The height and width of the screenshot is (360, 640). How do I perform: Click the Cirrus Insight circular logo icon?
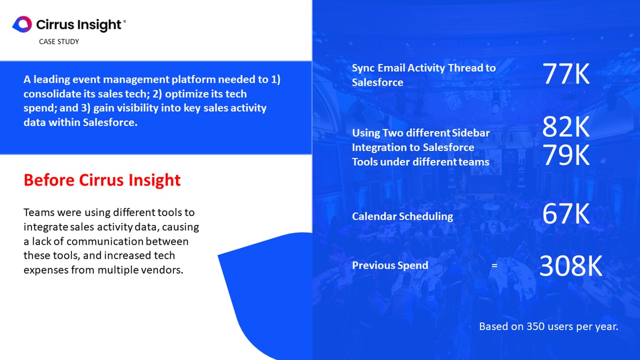[22, 24]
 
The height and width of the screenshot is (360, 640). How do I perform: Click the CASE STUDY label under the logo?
[59, 42]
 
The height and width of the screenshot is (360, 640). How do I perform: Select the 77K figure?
[566, 75]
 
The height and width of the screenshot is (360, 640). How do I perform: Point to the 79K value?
[566, 155]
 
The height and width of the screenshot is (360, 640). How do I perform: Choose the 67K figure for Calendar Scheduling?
[566, 214]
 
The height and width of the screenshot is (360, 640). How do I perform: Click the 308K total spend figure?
[571, 266]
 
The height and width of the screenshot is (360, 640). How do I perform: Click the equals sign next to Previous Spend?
[494, 266]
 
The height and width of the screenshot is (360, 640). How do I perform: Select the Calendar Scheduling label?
[402, 217]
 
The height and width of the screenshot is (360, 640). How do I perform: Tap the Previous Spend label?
[390, 265]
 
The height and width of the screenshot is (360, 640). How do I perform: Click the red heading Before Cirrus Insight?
[102, 180]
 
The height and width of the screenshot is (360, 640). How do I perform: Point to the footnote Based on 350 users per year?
[548, 326]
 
